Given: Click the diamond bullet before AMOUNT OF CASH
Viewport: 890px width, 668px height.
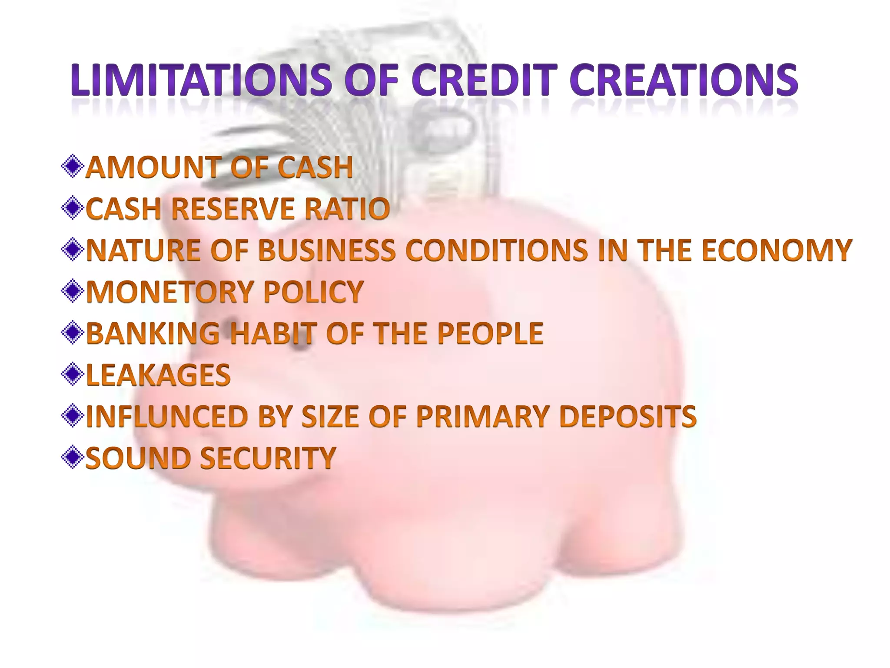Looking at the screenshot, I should [72, 167].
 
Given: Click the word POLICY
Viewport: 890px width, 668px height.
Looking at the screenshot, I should [313, 291].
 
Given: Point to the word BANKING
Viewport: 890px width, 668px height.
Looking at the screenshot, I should [153, 333].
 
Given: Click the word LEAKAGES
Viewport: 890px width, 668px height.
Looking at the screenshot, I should [158, 375].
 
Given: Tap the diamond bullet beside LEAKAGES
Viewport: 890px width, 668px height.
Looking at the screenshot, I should [72, 375].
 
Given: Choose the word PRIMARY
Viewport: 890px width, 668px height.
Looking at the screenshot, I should [480, 416].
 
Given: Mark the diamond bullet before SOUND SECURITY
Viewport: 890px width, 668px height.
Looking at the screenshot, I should [72, 458].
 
